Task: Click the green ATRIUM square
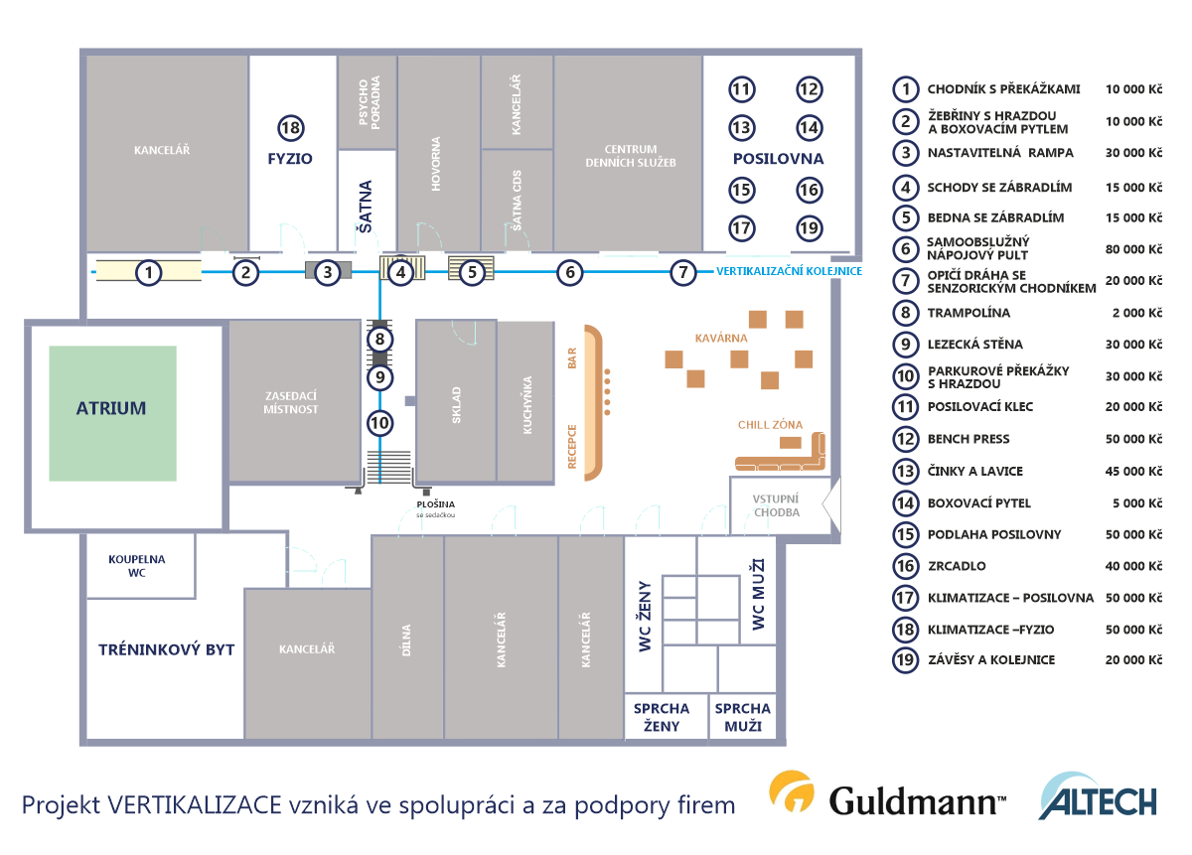113,413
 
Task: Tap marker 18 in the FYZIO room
290,128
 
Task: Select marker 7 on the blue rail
682,272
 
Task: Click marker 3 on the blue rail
327,272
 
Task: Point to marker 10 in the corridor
379,423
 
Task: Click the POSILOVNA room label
778,159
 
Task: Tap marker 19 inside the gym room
809,228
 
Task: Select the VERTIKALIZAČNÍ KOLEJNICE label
789,271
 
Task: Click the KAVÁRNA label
721,338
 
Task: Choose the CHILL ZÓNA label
770,425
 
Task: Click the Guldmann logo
887,794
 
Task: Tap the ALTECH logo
1098,796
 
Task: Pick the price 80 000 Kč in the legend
1133,249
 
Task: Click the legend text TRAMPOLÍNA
968,313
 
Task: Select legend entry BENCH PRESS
968,439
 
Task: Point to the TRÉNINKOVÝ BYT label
167,649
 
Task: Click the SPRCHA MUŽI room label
743,717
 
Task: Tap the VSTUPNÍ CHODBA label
776,505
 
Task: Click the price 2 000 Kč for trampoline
1137,313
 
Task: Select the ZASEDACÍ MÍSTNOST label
290,402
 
